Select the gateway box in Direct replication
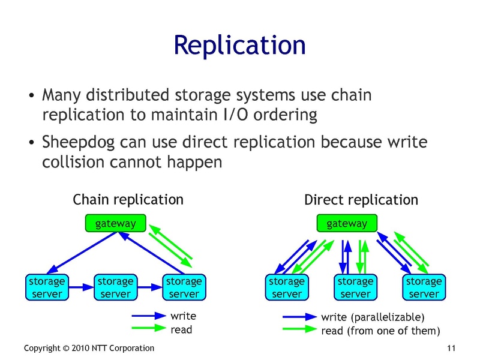click(346, 224)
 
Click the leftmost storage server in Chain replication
click(46, 287)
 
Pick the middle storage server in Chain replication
click(115, 287)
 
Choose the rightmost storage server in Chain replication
click(184, 287)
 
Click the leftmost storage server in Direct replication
click(287, 287)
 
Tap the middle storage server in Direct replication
click(355, 287)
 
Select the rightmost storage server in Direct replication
click(424, 287)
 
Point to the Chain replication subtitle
click(128, 199)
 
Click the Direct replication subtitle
click(361, 200)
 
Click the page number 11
click(452, 349)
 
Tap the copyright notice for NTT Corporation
click(89, 349)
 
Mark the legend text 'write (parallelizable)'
click(373, 317)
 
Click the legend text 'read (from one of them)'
click(380, 331)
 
